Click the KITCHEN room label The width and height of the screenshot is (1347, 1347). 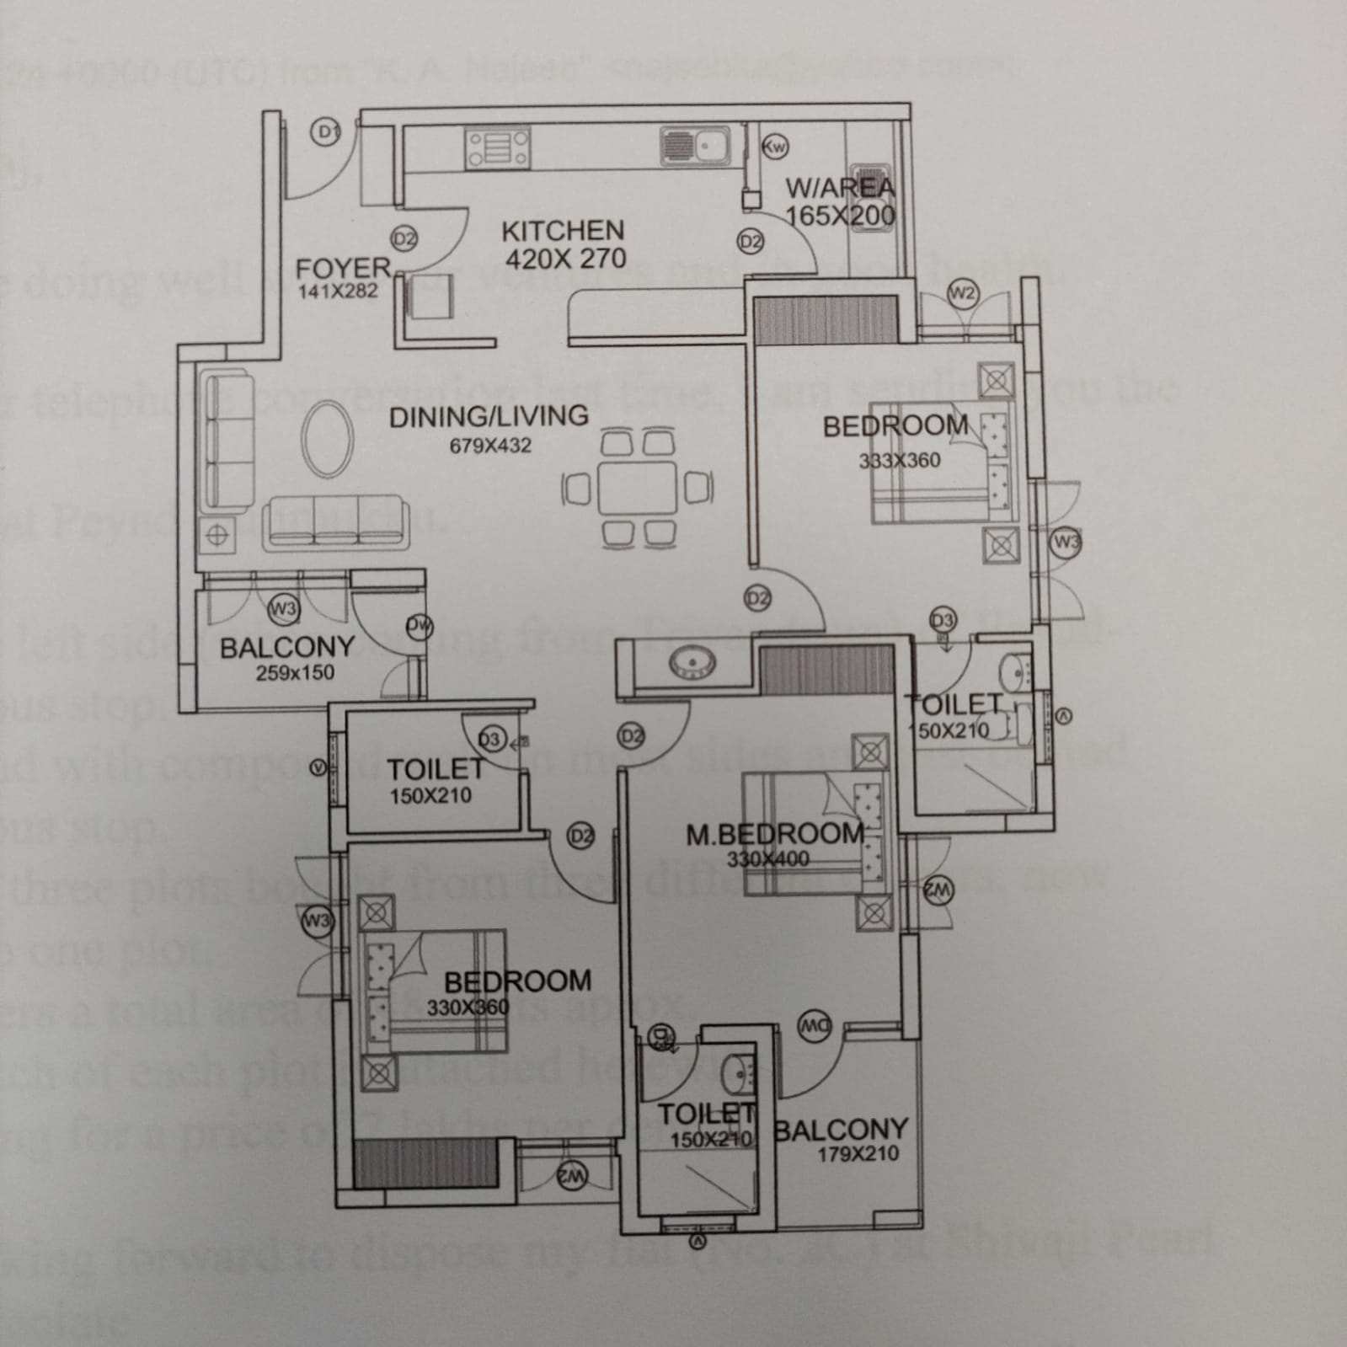563,231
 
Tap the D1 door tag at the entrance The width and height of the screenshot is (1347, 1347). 326,131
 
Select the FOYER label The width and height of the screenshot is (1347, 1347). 344,269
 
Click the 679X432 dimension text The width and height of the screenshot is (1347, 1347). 490,446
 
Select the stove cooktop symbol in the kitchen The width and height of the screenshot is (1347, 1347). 497,148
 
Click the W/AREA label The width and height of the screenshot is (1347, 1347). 840,188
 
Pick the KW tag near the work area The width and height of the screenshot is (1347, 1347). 774,147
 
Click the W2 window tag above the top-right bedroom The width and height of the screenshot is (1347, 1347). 962,294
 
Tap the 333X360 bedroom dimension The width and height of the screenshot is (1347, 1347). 900,461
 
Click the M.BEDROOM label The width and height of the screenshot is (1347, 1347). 775,834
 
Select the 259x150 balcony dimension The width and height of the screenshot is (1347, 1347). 295,673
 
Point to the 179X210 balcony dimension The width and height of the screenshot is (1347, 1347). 858,1154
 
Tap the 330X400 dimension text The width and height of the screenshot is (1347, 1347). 767,859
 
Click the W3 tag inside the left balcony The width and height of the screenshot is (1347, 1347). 282,607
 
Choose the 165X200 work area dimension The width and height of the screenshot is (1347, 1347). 840,216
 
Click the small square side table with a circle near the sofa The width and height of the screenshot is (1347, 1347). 217,534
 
